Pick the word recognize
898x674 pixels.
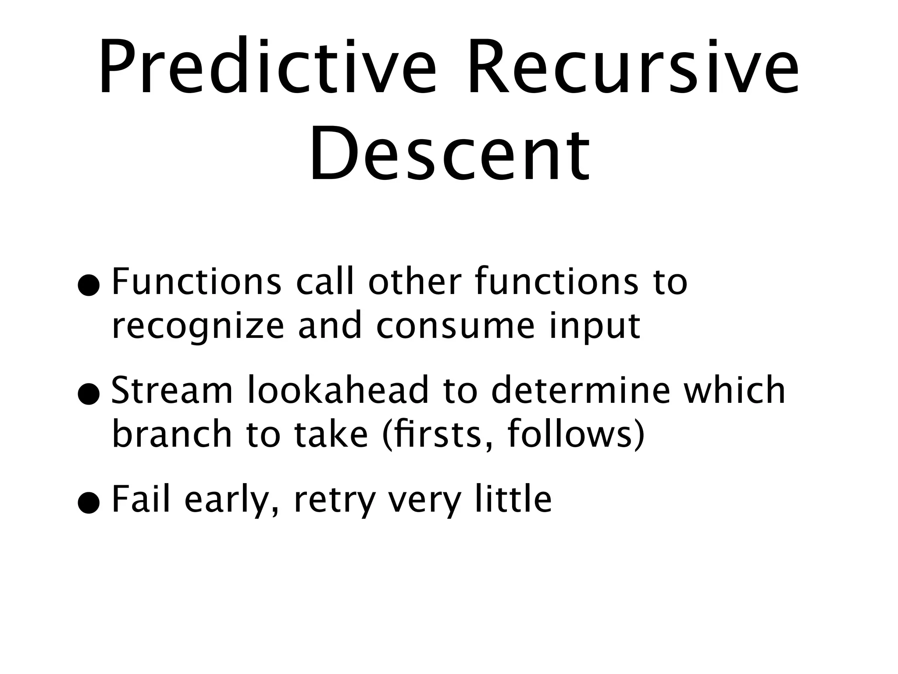pos(198,327)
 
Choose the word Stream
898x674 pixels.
pos(172,390)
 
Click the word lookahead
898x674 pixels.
pos(338,390)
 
